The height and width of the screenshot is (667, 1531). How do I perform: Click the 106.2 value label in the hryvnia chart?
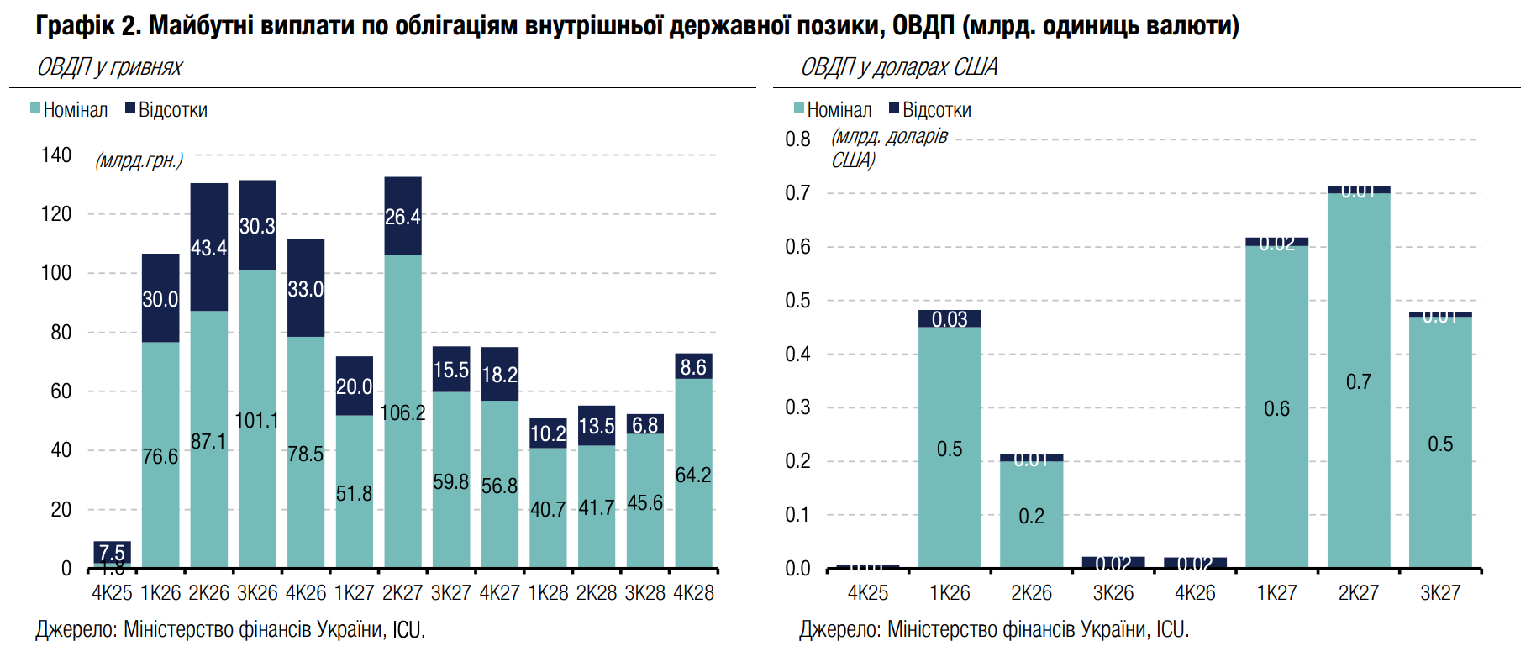tap(402, 413)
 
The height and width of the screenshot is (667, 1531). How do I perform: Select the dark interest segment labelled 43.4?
tap(208, 248)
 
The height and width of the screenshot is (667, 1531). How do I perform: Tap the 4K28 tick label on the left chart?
tap(693, 593)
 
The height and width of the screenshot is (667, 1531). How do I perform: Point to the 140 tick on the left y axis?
tap(56, 155)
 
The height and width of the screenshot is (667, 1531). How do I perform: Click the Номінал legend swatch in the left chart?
tap(35, 108)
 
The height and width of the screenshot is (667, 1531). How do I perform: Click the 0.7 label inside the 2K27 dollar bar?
tap(1358, 382)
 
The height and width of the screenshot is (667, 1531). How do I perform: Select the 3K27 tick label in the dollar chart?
tap(1439, 593)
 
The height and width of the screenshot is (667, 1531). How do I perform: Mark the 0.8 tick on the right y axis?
tap(797, 139)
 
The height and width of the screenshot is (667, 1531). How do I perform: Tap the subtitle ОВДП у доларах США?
tap(898, 67)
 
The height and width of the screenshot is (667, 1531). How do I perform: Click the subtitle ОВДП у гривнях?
tap(109, 67)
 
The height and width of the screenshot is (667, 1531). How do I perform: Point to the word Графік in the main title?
tap(75, 26)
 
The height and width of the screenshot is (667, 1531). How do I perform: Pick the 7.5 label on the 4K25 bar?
tap(112, 553)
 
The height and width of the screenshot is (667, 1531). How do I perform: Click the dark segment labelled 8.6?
tap(693, 367)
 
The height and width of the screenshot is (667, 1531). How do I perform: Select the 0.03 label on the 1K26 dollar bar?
tap(950, 319)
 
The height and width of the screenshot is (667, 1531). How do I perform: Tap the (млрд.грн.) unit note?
tap(139, 160)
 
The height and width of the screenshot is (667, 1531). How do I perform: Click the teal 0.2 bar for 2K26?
tap(1031, 515)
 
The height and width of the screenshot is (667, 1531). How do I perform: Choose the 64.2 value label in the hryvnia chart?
tap(693, 475)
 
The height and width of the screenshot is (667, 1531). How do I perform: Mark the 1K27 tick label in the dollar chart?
tap(1276, 593)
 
